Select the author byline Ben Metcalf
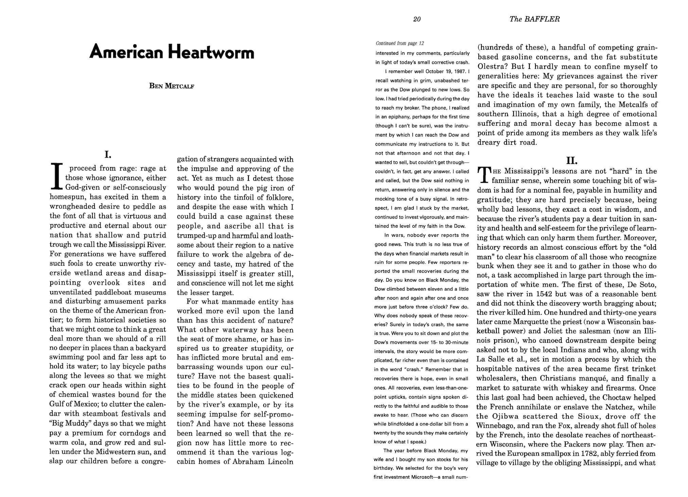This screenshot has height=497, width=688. (x=172, y=86)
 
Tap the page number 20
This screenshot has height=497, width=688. (x=417, y=19)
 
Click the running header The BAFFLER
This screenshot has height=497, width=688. (x=534, y=19)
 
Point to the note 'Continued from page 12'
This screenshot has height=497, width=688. (x=400, y=43)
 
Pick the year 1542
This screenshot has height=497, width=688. (x=543, y=294)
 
